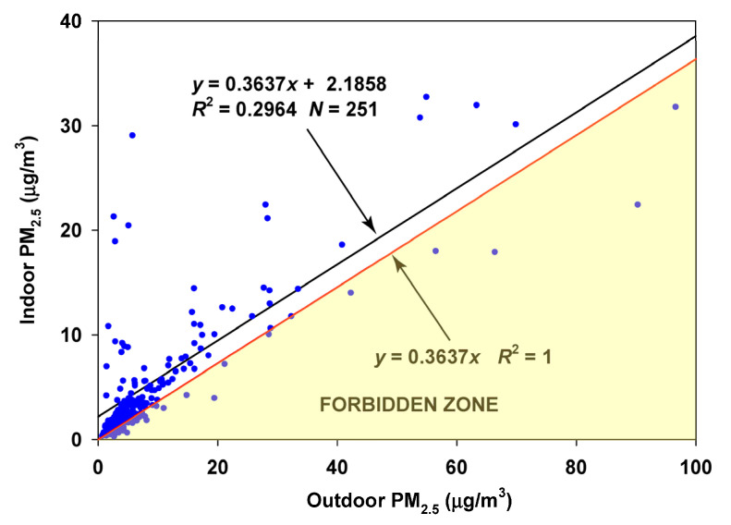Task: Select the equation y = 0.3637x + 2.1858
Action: coord(293,84)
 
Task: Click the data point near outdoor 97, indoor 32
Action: coord(676,107)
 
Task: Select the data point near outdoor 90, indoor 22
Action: coord(637,204)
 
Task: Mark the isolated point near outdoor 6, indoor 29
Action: coord(132,135)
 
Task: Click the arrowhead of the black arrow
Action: coord(372,229)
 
